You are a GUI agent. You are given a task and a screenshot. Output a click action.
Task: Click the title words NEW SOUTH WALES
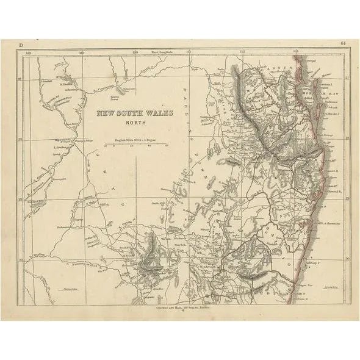[134, 113]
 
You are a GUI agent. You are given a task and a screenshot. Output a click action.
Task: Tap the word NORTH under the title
[134, 121]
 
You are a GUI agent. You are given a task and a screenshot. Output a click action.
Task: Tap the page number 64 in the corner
[344, 44]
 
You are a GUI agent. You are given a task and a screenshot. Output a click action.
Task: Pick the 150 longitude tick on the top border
[135, 53]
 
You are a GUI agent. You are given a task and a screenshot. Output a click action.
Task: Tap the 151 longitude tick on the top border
[189, 53]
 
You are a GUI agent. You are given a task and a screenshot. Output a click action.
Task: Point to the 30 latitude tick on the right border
[347, 259]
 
